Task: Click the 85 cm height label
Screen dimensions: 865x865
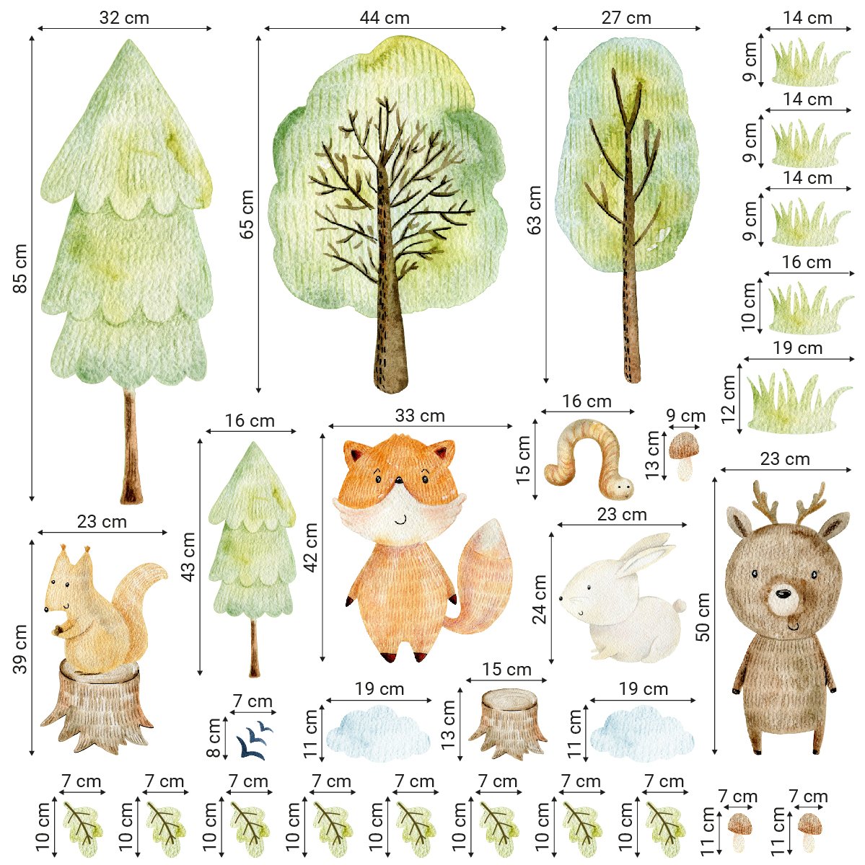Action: (20, 268)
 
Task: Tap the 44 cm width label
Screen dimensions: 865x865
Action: (385, 18)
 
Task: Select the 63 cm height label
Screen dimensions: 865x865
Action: (535, 210)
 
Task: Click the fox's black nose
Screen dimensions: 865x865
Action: (398, 481)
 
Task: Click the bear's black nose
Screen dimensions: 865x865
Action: (783, 594)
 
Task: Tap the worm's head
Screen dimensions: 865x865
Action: (622, 487)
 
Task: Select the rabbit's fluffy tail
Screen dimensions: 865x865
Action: (680, 605)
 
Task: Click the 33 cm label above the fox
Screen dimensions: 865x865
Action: (420, 416)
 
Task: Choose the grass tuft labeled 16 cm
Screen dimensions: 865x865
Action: (810, 309)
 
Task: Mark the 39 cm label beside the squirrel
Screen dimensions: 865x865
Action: (20, 649)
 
